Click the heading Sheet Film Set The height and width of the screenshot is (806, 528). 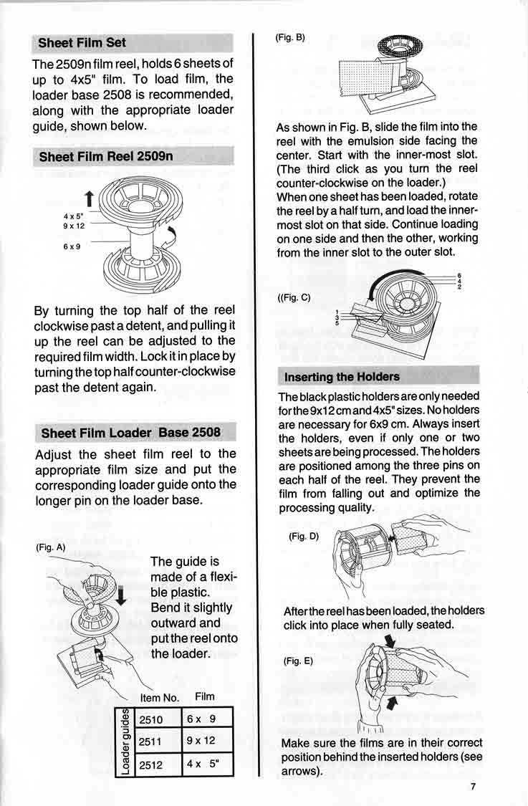pyautogui.click(x=82, y=43)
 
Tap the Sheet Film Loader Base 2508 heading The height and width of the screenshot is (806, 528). pyautogui.click(x=130, y=433)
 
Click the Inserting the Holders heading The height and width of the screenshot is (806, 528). pyautogui.click(x=342, y=377)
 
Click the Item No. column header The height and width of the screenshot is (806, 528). pyautogui.click(x=159, y=697)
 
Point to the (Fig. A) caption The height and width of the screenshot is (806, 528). pyautogui.click(x=50, y=547)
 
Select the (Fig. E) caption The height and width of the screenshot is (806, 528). pyautogui.click(x=298, y=661)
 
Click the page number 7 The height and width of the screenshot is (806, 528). pyautogui.click(x=474, y=786)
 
